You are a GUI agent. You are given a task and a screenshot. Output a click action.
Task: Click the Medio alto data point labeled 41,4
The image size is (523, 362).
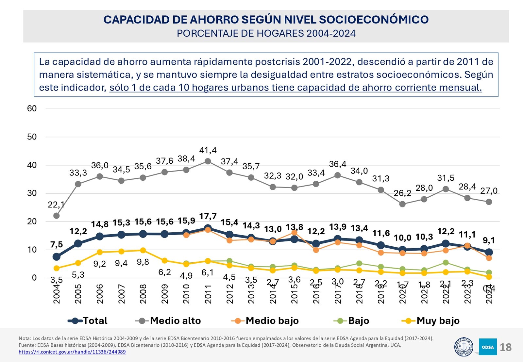tap(208, 161)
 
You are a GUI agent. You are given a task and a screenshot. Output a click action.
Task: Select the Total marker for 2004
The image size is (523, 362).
tap(57, 257)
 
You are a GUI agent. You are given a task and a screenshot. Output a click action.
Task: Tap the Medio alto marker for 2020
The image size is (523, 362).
tap(402, 204)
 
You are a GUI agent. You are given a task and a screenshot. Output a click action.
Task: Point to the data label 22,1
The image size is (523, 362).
tap(56, 205)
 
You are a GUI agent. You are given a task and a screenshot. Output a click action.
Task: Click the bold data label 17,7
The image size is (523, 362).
tap(208, 216)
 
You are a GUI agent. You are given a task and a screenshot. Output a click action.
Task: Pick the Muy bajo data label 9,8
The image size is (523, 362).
tap(143, 262)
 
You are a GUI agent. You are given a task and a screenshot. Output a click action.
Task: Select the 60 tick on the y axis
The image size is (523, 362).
tap(32, 109)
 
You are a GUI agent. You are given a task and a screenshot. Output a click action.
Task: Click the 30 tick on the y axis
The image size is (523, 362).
tap(32, 193)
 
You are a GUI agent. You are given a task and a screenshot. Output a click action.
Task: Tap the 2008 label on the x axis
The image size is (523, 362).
tap(143, 294)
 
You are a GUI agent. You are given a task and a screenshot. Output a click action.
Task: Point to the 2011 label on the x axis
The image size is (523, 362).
tap(208, 294)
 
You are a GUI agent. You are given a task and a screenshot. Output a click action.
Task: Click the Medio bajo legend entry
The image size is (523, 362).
tap(265, 321)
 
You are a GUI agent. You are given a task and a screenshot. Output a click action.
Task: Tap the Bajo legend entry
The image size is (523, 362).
tap(351, 321)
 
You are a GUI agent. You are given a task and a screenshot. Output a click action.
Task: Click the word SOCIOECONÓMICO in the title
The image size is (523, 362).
tap(374, 20)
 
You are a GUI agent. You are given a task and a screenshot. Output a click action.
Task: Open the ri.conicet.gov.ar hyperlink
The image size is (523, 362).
tap(72, 352)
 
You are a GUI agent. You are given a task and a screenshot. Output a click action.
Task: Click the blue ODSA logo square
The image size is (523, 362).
tap(488, 347)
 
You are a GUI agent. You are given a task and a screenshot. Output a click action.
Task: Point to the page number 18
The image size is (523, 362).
tap(506, 347)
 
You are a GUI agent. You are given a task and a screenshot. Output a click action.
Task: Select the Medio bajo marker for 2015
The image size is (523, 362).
tap(294, 233)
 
